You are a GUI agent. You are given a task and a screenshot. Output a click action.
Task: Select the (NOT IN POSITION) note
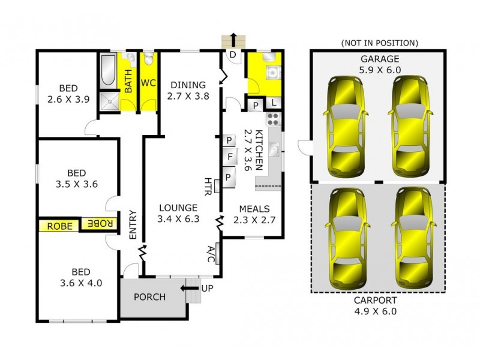pyautogui.click(x=379, y=43)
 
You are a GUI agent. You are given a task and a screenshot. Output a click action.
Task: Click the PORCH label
pyautogui.click(x=149, y=297)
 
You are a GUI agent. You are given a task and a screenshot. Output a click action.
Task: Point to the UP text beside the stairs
pyautogui.click(x=207, y=289)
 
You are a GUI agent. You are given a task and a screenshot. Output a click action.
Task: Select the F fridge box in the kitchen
pyautogui.click(x=229, y=159)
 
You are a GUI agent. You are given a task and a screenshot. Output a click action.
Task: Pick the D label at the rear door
pyautogui.click(x=233, y=55)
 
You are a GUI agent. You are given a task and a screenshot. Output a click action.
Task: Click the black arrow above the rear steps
pyautogui.click(x=234, y=39)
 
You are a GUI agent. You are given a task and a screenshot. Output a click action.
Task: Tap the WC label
pyautogui.click(x=148, y=83)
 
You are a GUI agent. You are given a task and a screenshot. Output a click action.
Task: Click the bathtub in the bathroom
pyautogui.click(x=109, y=71)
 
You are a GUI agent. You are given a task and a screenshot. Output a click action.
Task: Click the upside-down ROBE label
pyautogui.click(x=100, y=224)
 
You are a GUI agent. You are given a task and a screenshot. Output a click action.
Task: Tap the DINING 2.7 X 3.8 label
pyautogui.click(x=188, y=90)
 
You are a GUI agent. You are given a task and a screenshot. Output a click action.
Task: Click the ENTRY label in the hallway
pyautogui.click(x=133, y=225)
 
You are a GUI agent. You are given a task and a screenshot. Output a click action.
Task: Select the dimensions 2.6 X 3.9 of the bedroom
pyautogui.click(x=68, y=100)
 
